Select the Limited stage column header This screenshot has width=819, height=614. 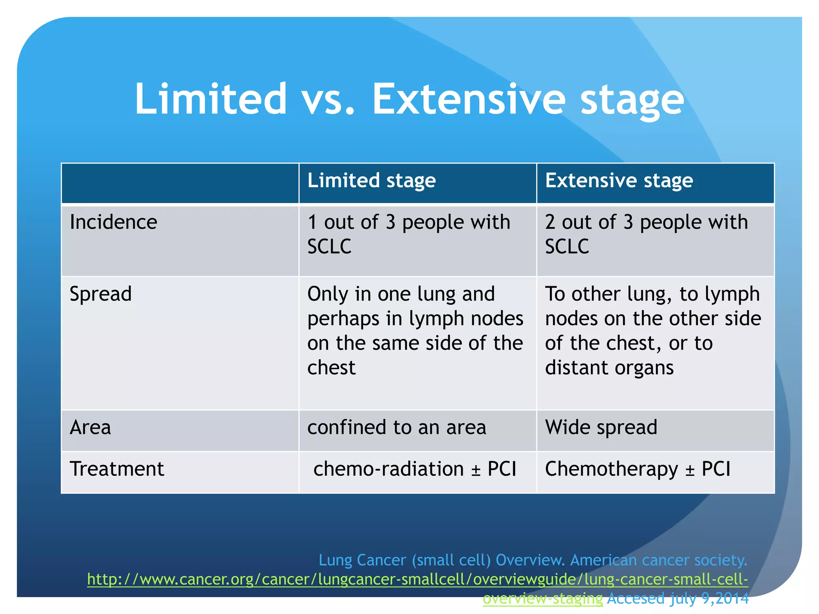[372, 181]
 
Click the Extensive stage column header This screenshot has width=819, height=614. [619, 181]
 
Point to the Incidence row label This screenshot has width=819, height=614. [114, 222]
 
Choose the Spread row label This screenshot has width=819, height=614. [101, 294]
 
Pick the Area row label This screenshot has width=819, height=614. [90, 427]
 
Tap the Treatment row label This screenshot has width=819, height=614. [117, 469]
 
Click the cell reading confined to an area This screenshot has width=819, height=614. [397, 427]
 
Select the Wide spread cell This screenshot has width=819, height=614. [601, 427]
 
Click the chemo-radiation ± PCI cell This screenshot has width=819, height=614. [415, 469]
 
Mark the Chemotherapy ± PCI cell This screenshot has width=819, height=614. [637, 469]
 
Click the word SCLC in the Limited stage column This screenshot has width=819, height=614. [329, 247]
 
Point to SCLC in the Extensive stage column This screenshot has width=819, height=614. [567, 247]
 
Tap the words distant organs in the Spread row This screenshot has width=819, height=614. [609, 368]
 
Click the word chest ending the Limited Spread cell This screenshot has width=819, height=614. [331, 368]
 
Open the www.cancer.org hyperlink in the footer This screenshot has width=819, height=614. [417, 579]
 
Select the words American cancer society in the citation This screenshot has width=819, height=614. [658, 560]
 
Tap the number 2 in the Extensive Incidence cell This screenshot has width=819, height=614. [550, 222]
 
